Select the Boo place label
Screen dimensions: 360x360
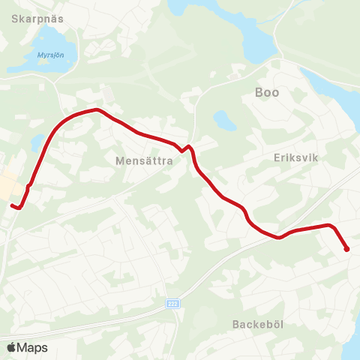click(267, 92)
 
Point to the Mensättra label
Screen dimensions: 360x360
click(145, 160)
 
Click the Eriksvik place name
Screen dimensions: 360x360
click(296, 159)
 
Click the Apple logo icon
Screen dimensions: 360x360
click(12, 347)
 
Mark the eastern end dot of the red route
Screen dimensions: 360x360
click(346, 250)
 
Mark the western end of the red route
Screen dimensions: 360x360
click(12, 205)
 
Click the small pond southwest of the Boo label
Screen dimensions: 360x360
click(222, 121)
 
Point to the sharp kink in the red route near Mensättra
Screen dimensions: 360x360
click(186, 148)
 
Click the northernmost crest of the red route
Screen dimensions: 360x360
click(96, 110)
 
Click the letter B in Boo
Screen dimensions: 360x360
click(259, 92)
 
